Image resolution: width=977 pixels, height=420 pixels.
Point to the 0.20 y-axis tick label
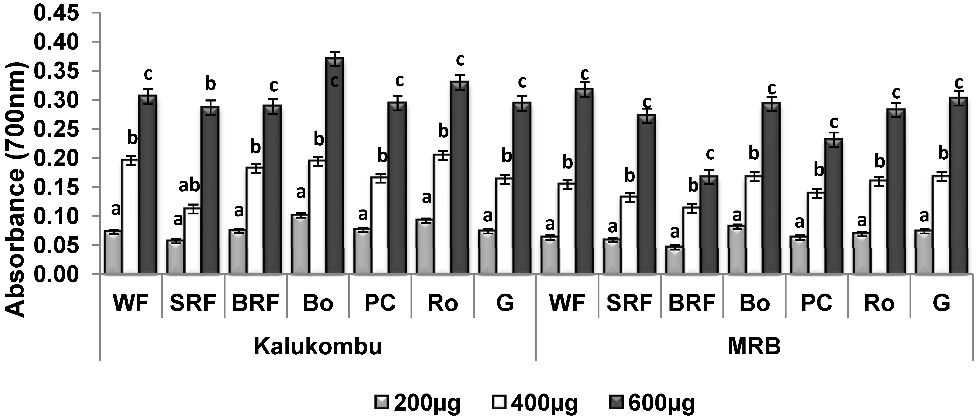[x=57, y=158]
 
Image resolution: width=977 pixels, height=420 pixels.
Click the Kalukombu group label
[x=318, y=346]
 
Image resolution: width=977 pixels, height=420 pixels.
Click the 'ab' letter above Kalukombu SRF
[x=189, y=186]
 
